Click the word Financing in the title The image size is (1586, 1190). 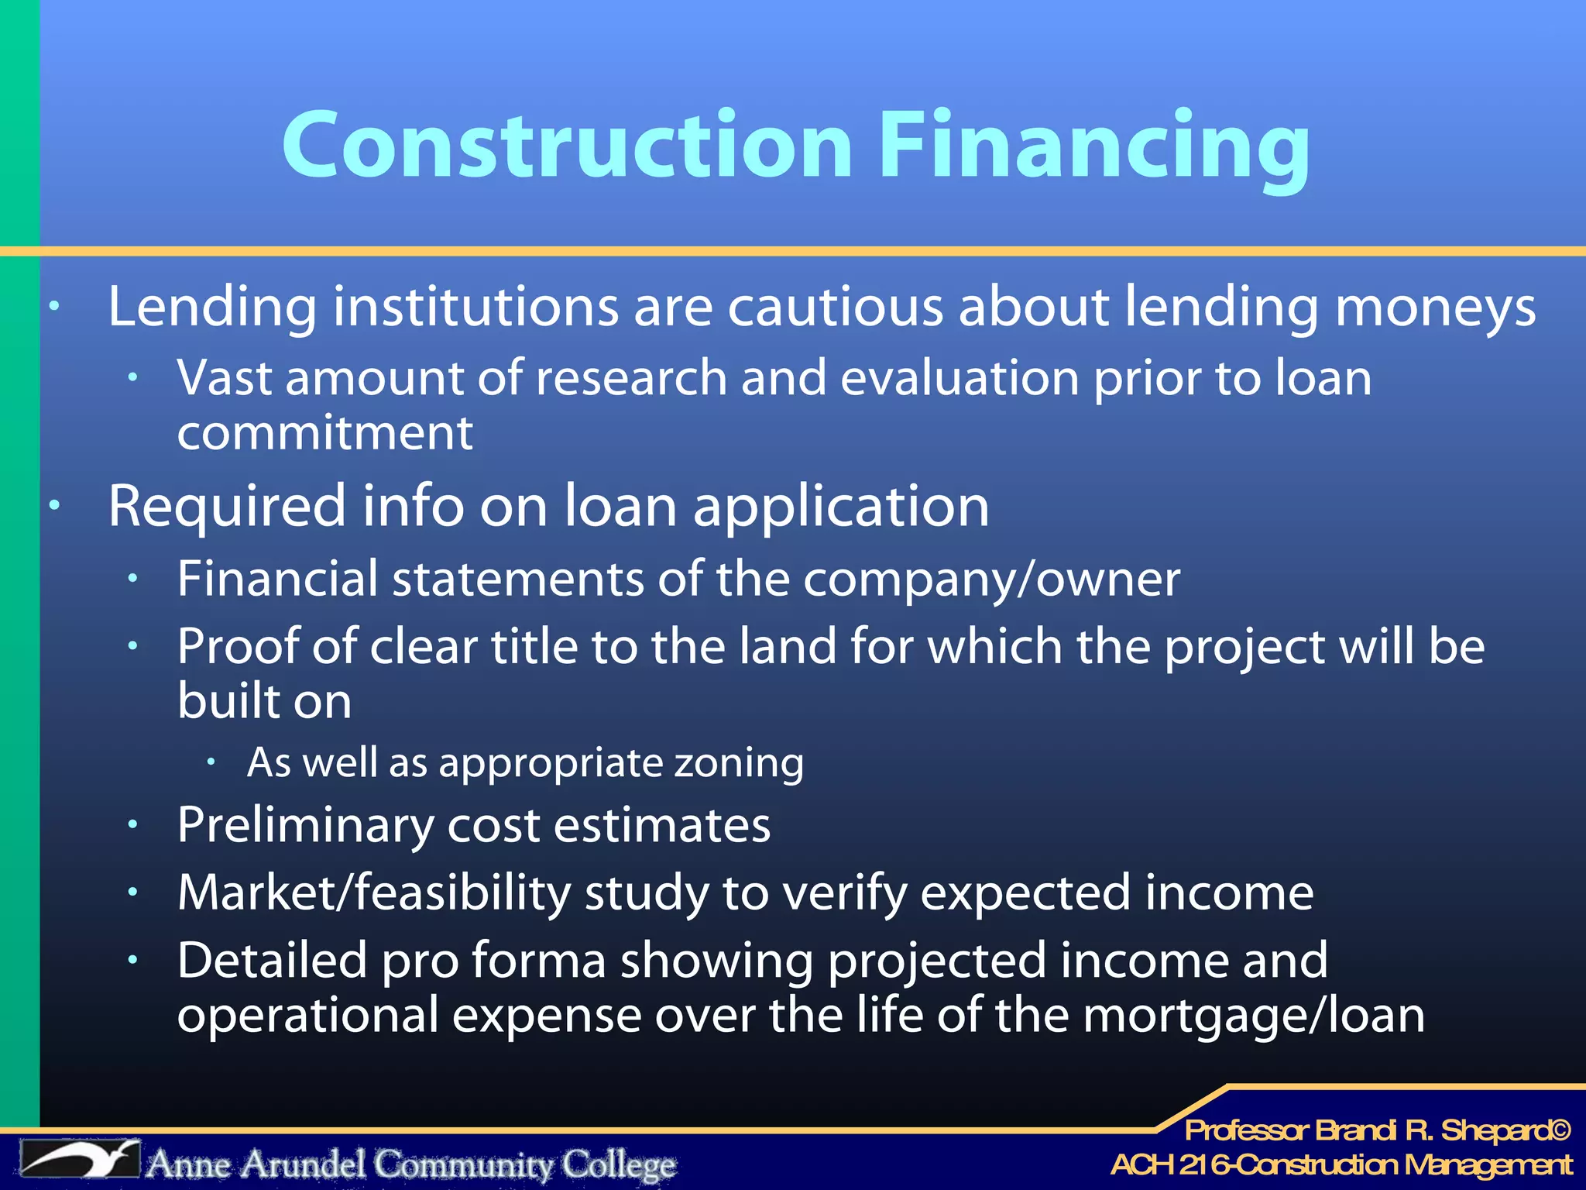pos(1093,147)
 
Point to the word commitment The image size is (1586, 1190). pos(324,433)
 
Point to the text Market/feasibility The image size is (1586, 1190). pos(374,893)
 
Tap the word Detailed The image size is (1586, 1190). pos(272,961)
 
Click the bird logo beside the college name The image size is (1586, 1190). pos(81,1161)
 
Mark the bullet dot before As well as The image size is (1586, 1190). pos(210,762)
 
